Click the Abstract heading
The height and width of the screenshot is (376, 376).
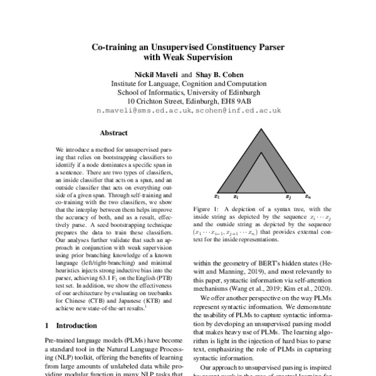(x=113, y=133)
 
